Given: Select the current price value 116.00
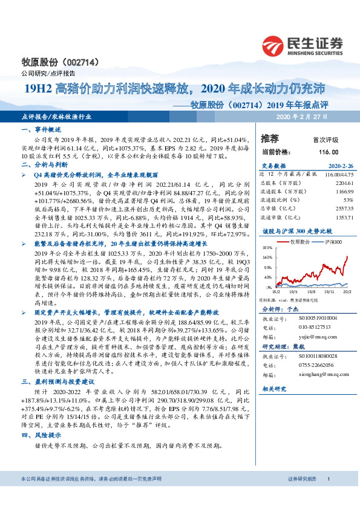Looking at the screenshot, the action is (x=328, y=152).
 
